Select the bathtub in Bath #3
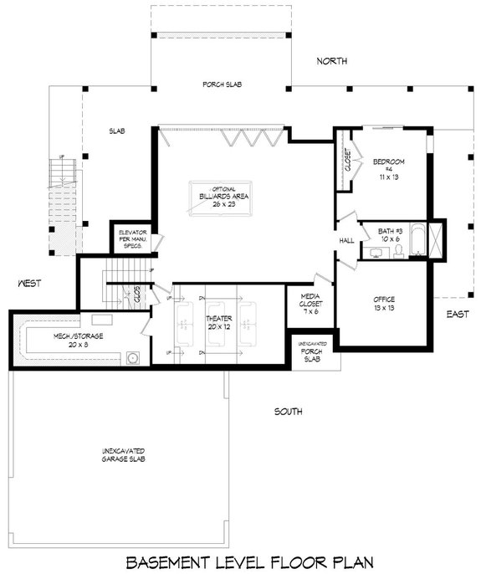coord(434,238)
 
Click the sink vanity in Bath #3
coord(376,252)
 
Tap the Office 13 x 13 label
coord(384,304)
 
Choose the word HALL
coord(346,240)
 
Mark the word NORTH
coord(332,62)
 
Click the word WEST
coord(30,284)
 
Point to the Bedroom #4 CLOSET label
coord(345,161)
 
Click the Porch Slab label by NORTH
coord(221,85)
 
